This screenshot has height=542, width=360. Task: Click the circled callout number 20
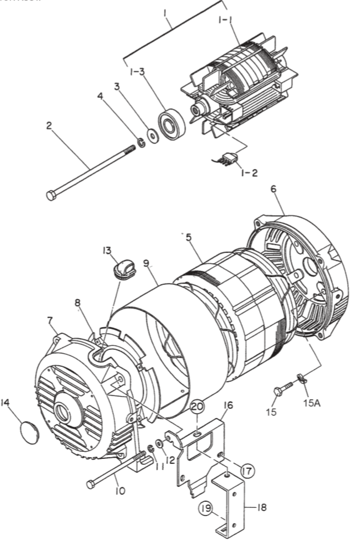coord(197,407)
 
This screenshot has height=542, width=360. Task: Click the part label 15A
coord(311,402)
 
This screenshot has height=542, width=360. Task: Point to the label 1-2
coord(249,173)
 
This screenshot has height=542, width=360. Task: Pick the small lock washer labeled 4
coord(140,143)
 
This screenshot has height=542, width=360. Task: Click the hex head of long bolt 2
coord(51,196)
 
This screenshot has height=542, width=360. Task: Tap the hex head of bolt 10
coord(91,485)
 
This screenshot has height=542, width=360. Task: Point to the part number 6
coord(273,189)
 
